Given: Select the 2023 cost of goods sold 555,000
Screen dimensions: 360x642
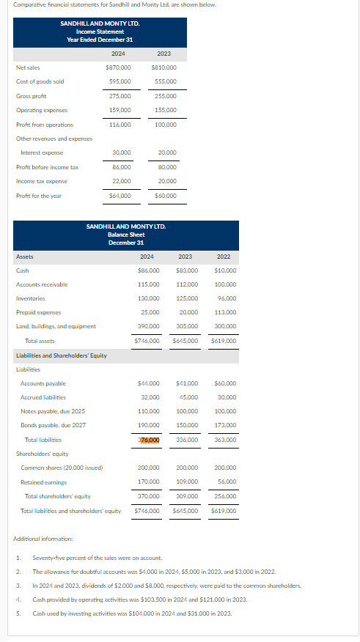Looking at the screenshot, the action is coord(164,81).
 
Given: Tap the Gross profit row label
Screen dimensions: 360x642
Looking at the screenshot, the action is coord(31,96).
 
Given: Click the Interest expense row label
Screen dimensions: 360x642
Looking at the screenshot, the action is coord(42,152).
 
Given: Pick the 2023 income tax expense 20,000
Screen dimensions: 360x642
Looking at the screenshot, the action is coord(166,181).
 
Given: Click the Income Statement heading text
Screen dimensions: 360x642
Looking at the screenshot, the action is coord(100,32).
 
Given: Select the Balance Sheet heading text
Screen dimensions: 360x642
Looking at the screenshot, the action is coord(126,234).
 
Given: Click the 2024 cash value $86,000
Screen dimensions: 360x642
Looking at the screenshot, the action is coord(148,271).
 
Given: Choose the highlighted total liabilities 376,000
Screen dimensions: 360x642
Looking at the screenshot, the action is coord(149,439).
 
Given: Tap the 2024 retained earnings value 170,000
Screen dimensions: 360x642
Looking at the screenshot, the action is coord(149,481).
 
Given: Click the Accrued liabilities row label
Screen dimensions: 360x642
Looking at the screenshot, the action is coord(43,397).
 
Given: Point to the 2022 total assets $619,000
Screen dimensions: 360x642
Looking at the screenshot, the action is coord(224,341).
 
